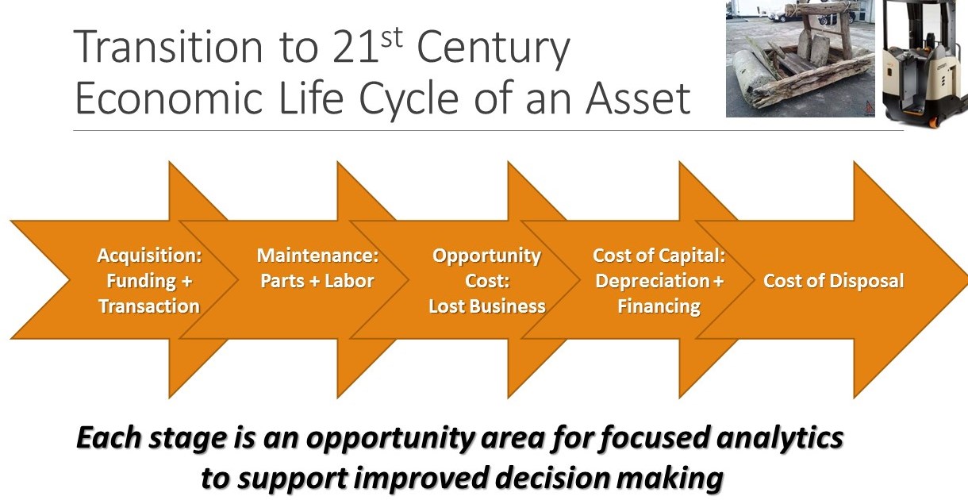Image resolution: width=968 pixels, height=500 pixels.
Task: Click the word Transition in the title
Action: click(168, 47)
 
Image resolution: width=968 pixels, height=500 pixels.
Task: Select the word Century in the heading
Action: click(494, 49)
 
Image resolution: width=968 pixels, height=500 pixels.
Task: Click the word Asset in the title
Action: click(638, 98)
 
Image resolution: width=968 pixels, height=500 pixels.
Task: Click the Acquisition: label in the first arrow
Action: click(149, 256)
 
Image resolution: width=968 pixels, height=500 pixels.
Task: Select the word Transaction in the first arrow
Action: click(149, 306)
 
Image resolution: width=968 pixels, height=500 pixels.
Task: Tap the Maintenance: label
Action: click(317, 256)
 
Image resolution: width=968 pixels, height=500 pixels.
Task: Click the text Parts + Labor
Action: click(317, 281)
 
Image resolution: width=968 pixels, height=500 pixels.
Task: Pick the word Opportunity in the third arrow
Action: click(486, 256)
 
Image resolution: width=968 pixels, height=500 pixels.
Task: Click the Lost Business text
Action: click(487, 306)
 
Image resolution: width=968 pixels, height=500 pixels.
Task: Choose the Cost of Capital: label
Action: click(659, 256)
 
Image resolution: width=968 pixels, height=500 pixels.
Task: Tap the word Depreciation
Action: click(652, 281)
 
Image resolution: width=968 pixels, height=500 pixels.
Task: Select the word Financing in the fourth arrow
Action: click(659, 307)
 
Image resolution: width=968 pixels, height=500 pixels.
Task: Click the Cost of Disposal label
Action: click(834, 281)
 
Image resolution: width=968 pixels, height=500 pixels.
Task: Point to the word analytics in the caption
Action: click(780, 438)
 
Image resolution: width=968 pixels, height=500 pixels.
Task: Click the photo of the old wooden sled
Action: click(801, 59)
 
